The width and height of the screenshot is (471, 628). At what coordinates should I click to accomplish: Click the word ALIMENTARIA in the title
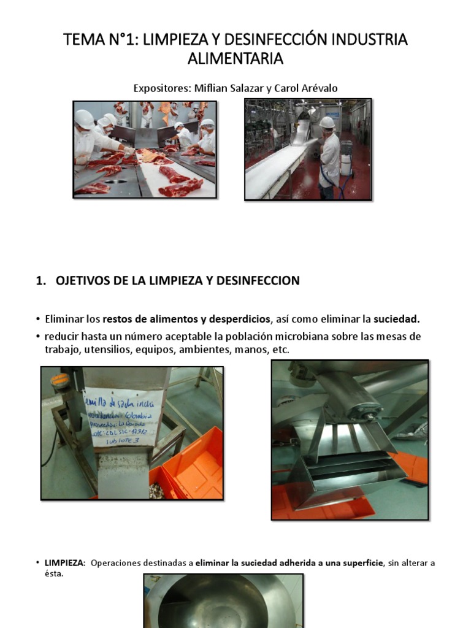click(235, 59)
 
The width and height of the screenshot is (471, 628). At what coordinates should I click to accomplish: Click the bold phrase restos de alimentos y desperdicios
click(186, 319)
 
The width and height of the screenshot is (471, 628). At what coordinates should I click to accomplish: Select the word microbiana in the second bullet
click(313, 337)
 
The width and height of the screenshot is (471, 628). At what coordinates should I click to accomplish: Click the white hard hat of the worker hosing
click(327, 122)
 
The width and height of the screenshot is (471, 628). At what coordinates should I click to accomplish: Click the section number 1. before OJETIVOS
click(41, 281)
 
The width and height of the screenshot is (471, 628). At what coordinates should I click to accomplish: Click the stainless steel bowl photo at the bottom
click(223, 600)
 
